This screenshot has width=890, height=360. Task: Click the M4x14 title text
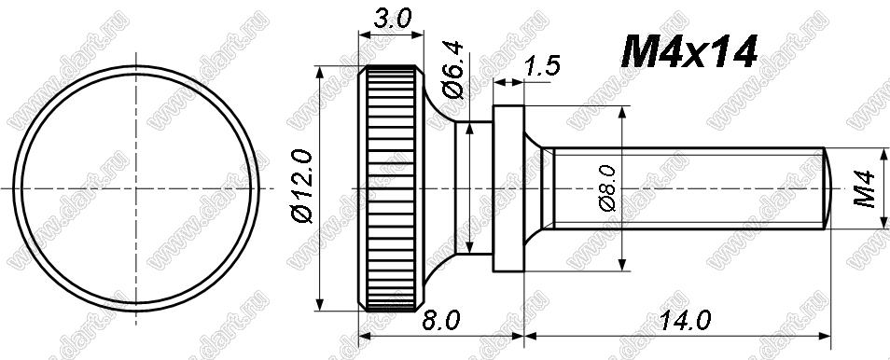pyautogui.click(x=689, y=52)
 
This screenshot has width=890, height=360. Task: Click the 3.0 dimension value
pyautogui.click(x=392, y=20)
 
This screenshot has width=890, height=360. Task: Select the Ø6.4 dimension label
pyautogui.click(x=454, y=69)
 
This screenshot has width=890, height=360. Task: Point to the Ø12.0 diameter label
pyautogui.click(x=302, y=187)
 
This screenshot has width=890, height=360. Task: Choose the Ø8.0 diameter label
pyautogui.click(x=606, y=188)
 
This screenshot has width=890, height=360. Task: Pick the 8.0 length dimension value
pyautogui.click(x=440, y=322)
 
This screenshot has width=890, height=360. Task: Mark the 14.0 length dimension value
pyautogui.click(x=684, y=322)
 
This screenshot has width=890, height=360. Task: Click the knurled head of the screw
pyautogui.click(x=391, y=188)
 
